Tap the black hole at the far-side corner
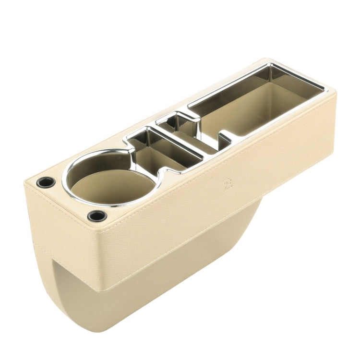point(46,182)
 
